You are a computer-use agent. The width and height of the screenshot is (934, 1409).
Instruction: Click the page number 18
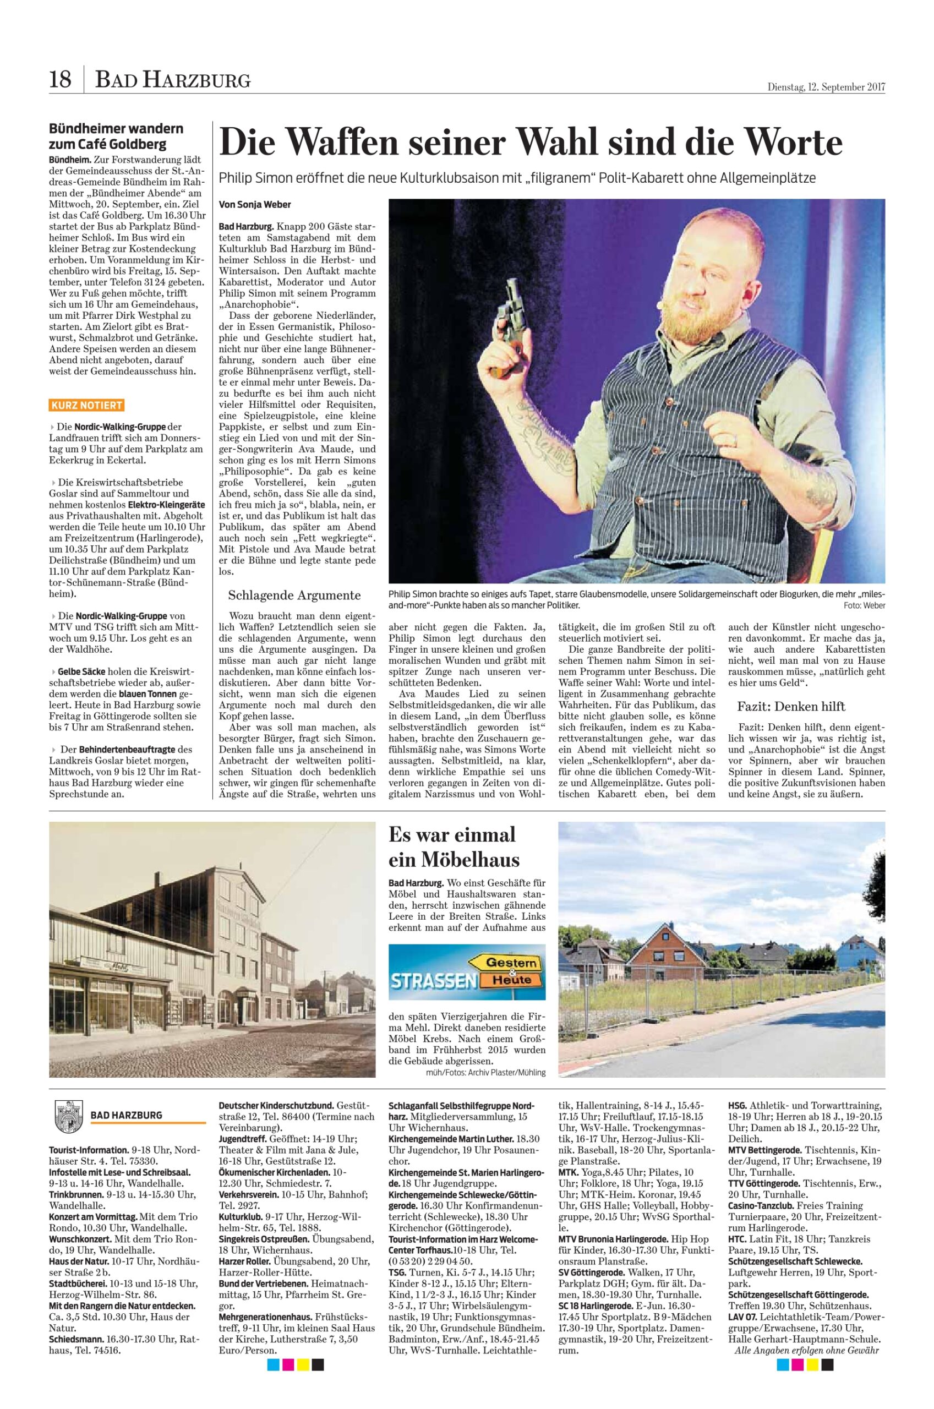tap(59, 79)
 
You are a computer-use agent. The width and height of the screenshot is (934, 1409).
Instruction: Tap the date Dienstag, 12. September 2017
tap(826, 87)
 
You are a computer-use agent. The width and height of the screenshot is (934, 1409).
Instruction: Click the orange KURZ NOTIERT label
tap(87, 406)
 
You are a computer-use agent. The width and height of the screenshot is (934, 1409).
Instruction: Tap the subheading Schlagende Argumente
tap(294, 596)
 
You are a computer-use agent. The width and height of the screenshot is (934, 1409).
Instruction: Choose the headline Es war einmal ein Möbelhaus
tap(454, 847)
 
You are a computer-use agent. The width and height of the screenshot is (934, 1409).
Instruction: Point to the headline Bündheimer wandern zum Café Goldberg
tap(116, 136)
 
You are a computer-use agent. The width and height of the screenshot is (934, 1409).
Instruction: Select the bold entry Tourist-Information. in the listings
tap(89, 1149)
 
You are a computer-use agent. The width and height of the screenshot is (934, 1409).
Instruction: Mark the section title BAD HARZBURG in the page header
tap(173, 79)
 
